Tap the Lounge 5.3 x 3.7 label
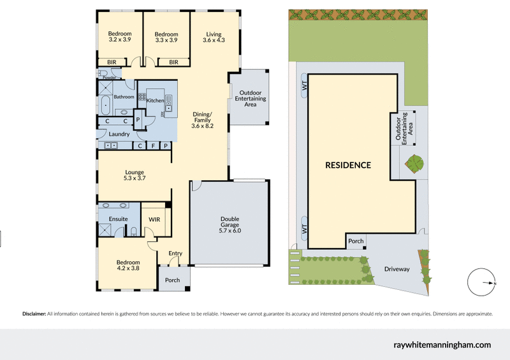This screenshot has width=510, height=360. tap(134, 175)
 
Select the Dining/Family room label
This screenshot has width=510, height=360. tap(202, 120)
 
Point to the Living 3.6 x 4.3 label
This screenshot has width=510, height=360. tap(214, 37)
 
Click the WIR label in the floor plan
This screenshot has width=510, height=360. tap(154, 219)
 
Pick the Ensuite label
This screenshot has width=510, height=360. tap(118, 219)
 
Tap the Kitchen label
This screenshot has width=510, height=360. tap(156, 101)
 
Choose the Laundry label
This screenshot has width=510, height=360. tap(119, 134)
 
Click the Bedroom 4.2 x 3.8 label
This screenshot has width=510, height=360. tap(127, 265)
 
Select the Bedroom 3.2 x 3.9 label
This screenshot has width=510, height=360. tap(119, 37)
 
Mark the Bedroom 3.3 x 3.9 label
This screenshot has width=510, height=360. tap(166, 37)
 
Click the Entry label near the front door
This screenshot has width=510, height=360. tap(175, 254)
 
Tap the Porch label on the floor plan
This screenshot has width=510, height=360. tap(172, 280)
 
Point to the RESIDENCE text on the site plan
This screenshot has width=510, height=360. tap(348, 165)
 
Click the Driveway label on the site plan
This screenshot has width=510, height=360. tap(397, 269)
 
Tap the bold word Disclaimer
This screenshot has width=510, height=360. tap(34, 313)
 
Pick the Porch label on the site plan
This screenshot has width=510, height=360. tap(356, 241)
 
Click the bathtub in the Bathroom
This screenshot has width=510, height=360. tap(105, 105)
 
